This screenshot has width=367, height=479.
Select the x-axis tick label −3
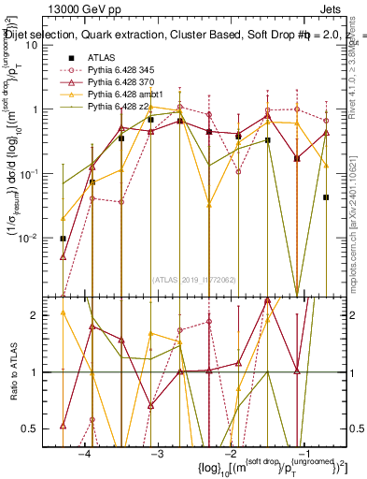point(157,452)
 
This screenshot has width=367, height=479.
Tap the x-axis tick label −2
point(230,452)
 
